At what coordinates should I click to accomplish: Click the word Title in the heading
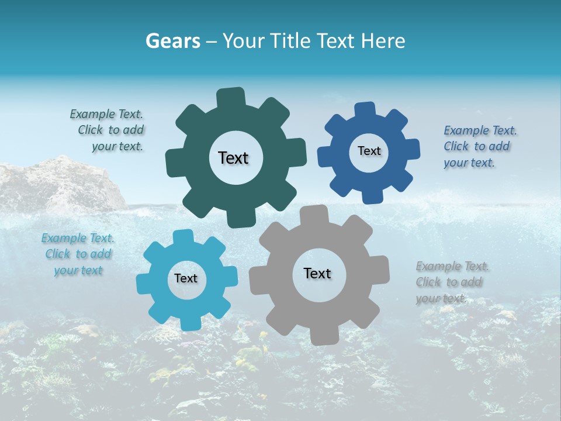point(290,41)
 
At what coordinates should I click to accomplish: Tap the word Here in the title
point(383,41)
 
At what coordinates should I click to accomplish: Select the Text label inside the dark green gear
point(233,158)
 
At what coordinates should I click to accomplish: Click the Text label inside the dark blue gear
point(369,151)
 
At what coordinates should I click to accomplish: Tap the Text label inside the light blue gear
point(186,278)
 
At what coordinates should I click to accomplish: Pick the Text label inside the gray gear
point(317,273)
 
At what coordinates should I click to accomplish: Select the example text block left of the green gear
point(108,130)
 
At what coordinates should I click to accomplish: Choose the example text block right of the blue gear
point(479,146)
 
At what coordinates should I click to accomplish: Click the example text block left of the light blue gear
point(78,254)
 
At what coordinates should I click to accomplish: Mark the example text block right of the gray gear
point(451,282)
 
